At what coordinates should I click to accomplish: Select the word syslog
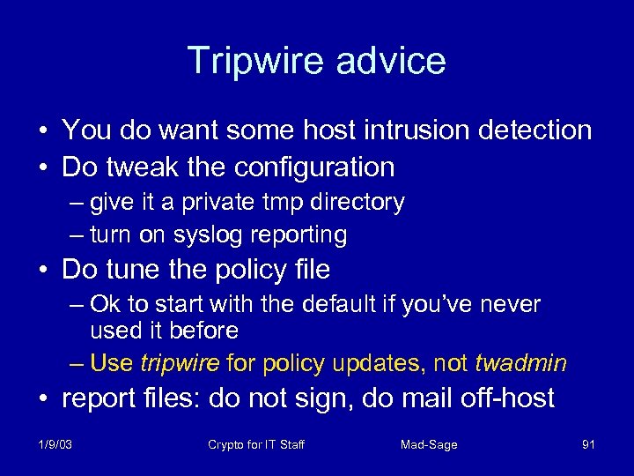[209, 234]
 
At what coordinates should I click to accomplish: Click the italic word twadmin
[520, 362]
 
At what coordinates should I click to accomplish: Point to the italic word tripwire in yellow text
[181, 362]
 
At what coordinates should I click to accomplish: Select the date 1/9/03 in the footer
[55, 444]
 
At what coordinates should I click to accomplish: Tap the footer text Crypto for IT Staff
[256, 444]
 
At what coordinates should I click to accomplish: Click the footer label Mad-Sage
[429, 444]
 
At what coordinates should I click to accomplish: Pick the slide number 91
[588, 444]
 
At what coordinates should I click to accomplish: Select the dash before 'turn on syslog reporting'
[76, 235]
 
